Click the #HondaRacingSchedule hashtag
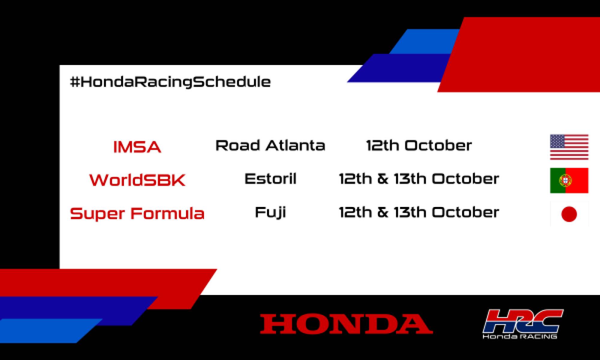pos(170,82)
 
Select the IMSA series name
pos(137,147)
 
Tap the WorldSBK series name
pos(137,180)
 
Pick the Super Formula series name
pos(137,214)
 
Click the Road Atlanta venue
pos(270,145)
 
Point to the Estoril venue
pos(270,179)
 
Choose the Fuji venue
pos(270,212)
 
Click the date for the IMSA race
pos(419,145)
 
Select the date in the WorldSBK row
pos(419,179)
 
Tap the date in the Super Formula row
pos(419,212)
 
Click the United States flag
pos(569,147)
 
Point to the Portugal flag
pos(569,180)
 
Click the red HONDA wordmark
pos(346,324)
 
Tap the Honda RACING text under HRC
pos(520,336)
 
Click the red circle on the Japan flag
pos(569,214)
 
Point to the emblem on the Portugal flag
pos(565,180)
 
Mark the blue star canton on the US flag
pos(557,141)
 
